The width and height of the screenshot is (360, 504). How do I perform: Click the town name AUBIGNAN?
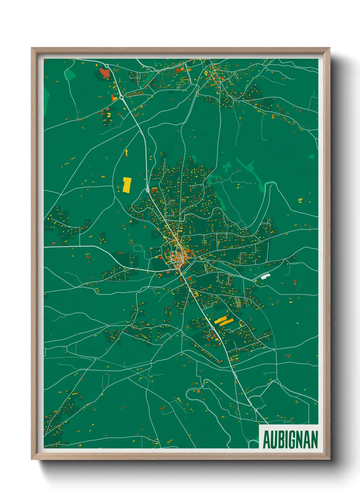pos(290,440)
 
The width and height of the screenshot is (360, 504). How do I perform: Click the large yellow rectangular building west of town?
pos(127,185)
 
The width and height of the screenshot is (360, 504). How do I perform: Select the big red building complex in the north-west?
pos(104,73)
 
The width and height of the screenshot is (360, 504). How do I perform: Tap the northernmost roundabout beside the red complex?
pos(107,66)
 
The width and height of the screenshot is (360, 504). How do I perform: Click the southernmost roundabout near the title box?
pos(256,410)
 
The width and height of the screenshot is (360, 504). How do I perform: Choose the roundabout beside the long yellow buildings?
pos(213,328)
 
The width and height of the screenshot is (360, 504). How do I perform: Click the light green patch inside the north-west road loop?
pos(70,74)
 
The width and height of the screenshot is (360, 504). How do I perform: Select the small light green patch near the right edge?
pos(311,156)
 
